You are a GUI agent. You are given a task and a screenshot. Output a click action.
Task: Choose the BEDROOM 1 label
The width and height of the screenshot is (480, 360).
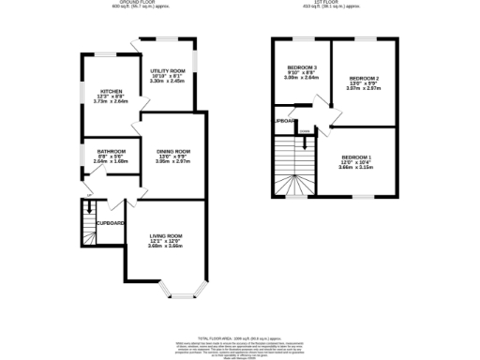[x=356, y=157]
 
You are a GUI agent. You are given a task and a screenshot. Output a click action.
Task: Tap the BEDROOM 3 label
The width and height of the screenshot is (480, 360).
[x=301, y=67]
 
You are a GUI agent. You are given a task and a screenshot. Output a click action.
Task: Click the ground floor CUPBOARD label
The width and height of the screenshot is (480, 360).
[x=110, y=223]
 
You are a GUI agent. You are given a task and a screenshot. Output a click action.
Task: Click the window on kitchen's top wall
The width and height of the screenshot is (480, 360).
[x=98, y=56]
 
